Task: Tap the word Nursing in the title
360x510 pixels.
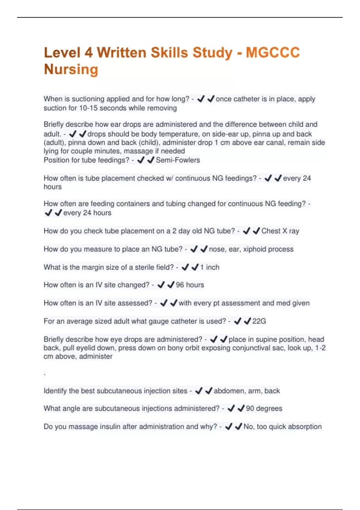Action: tap(71, 69)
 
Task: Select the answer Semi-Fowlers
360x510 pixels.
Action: tap(178, 160)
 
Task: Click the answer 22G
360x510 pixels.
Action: tap(259, 321)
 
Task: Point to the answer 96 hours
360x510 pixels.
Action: tap(190, 285)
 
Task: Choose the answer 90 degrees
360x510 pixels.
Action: tap(264, 409)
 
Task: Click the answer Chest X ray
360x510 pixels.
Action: tap(280, 231)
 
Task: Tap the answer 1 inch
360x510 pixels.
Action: tap(210, 267)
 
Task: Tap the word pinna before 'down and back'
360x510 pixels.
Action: tap(77, 142)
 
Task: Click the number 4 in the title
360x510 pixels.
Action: tap(88, 52)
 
